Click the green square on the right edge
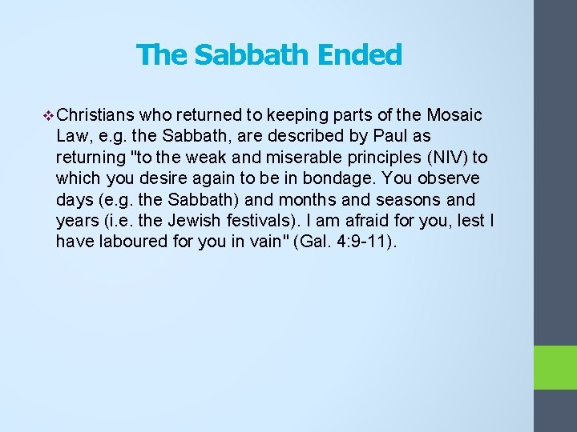[x=555, y=367]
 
